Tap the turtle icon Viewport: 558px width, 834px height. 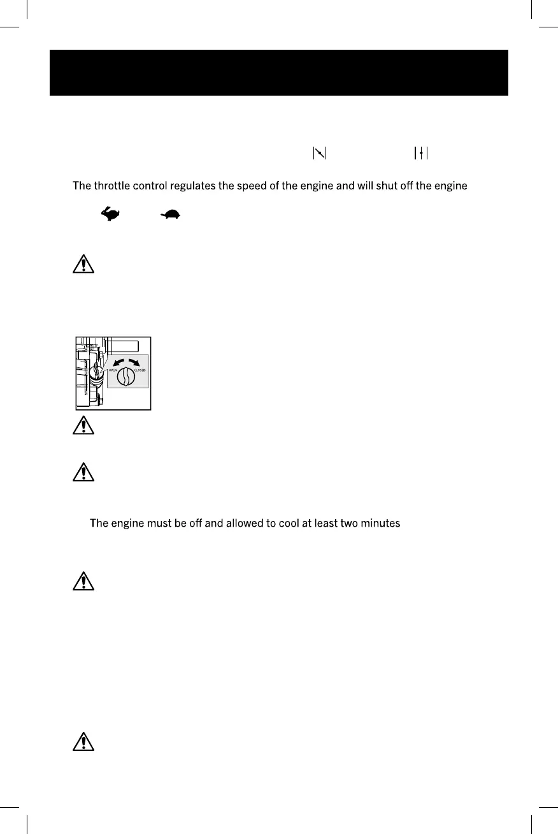[170, 216]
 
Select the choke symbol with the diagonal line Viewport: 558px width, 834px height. [319, 153]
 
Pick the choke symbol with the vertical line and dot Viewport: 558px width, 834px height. [421, 153]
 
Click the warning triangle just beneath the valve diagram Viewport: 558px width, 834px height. [83, 426]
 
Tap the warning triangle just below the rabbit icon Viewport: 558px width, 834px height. [83, 264]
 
